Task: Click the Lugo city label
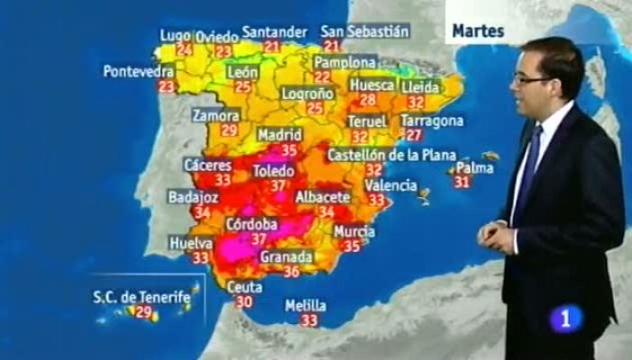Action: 176,35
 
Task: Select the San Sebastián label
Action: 366,31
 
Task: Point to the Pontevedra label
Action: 139,70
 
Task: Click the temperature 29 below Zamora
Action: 228,130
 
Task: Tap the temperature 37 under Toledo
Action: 278,185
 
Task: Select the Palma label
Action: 474,167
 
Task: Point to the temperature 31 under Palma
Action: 462,182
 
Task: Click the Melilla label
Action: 305,305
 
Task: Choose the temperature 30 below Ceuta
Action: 243,302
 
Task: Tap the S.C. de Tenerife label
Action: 142,295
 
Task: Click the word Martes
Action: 477,31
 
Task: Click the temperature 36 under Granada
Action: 291,271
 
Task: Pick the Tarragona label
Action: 432,121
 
